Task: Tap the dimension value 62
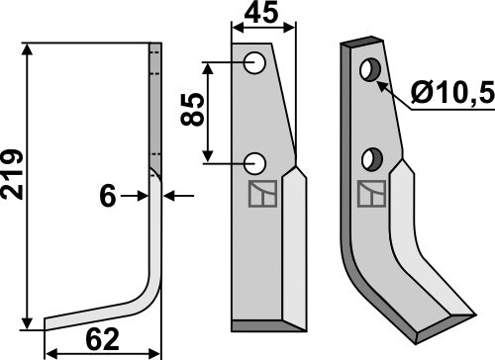pyautogui.click(x=101, y=340)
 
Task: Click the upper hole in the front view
pyautogui.click(x=254, y=64)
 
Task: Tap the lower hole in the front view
pyautogui.click(x=254, y=161)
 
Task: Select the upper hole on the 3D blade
pyautogui.click(x=372, y=70)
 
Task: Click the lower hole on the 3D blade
pyautogui.click(x=373, y=157)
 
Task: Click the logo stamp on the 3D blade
pyautogui.click(x=371, y=193)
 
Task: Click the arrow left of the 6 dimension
pyautogui.click(x=141, y=197)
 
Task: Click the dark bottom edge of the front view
pyautogui.click(x=263, y=326)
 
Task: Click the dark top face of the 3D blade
pyautogui.click(x=362, y=44)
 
